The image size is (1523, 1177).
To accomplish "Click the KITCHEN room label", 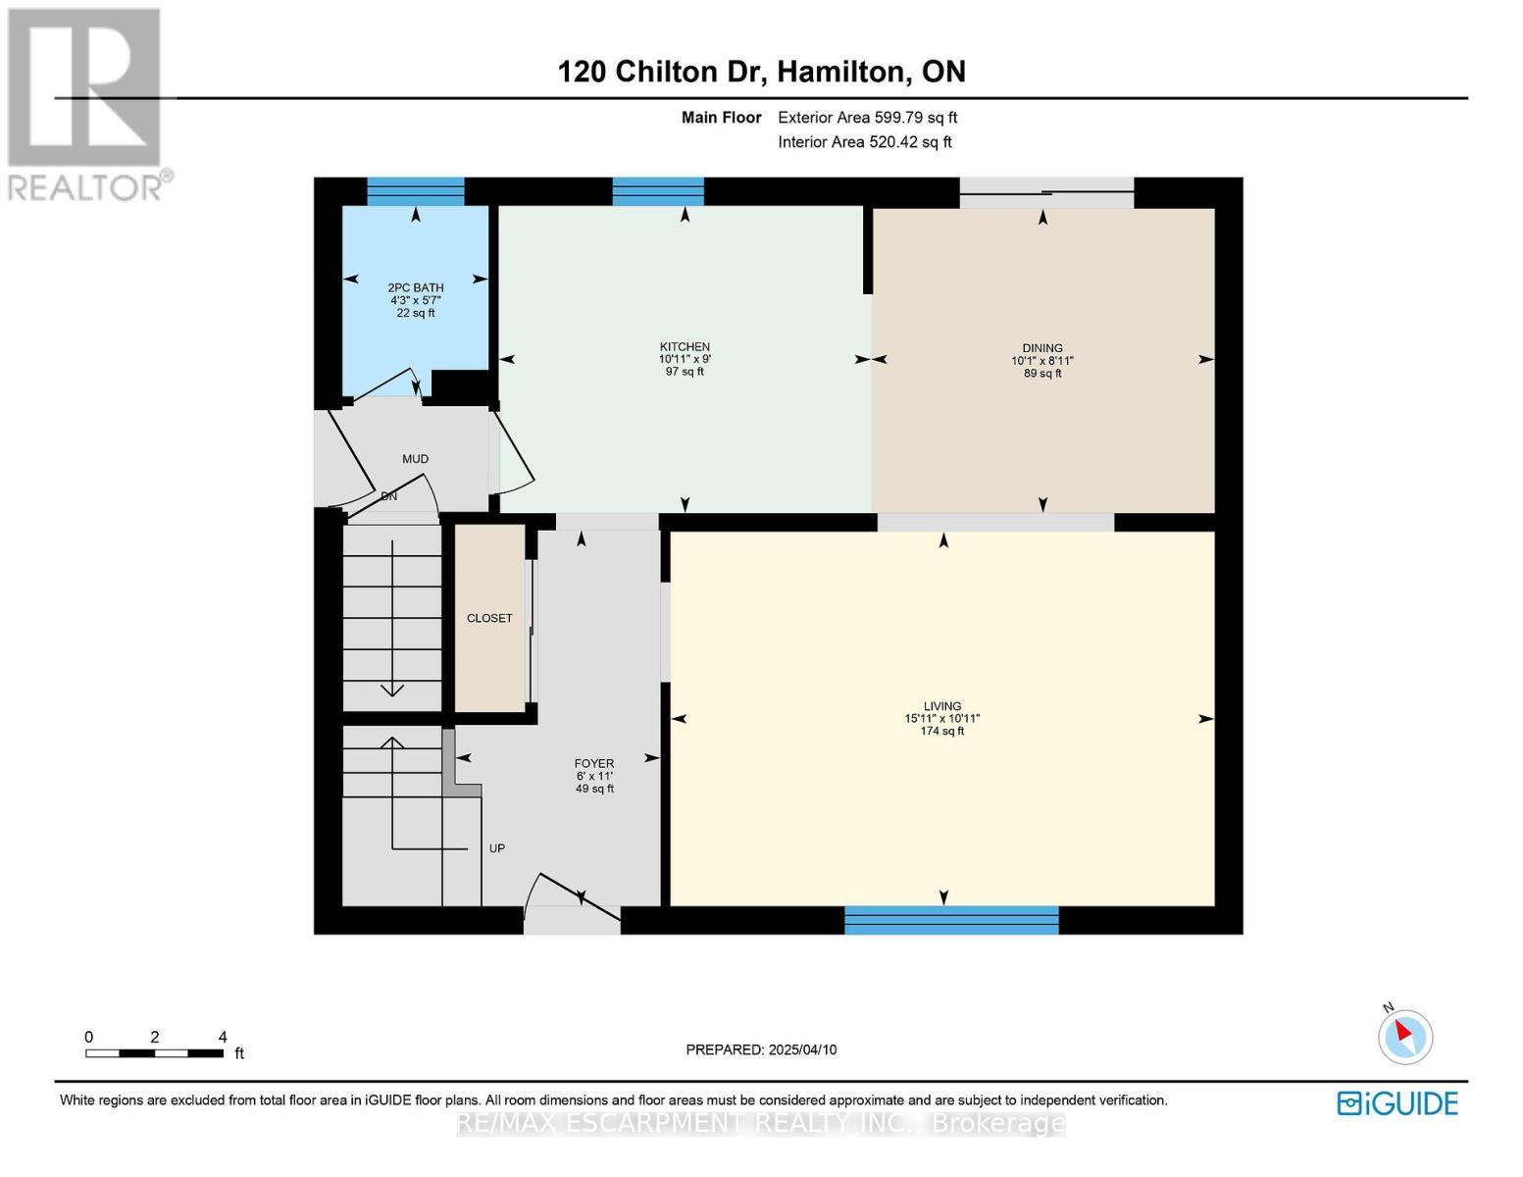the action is (x=685, y=346).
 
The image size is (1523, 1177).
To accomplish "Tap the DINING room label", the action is (x=1041, y=347).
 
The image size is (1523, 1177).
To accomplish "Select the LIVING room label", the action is (x=942, y=706).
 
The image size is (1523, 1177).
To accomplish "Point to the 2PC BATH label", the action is (x=416, y=287).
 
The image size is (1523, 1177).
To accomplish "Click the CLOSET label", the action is (x=489, y=618).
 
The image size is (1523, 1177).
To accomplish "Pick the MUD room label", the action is (x=415, y=458).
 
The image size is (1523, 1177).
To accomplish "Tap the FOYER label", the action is (x=593, y=763).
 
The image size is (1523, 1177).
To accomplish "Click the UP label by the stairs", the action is (x=497, y=848).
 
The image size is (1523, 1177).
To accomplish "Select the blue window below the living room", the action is (x=951, y=920).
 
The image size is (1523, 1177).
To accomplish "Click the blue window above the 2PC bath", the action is (x=416, y=191).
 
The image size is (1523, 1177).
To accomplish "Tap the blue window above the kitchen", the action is (x=658, y=191).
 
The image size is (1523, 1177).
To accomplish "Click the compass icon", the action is (x=1404, y=1036).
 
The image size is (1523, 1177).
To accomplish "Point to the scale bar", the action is (x=154, y=1052).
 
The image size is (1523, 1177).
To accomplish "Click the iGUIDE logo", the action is (x=1396, y=1103).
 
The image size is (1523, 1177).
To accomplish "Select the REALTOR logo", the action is (x=87, y=105).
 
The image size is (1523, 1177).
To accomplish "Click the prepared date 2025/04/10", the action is (x=802, y=1049).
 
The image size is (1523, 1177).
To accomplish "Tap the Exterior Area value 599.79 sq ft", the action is (x=913, y=117).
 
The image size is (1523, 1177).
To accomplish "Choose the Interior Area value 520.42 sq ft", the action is (x=910, y=141).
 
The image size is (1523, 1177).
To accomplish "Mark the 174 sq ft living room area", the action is (x=942, y=731).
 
